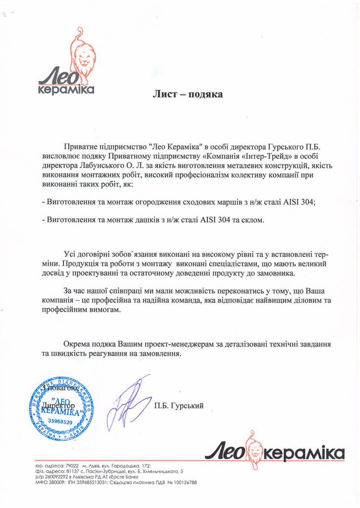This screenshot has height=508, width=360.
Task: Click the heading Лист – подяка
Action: click(x=188, y=94)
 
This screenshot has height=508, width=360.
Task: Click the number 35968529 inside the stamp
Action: click(x=60, y=422)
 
